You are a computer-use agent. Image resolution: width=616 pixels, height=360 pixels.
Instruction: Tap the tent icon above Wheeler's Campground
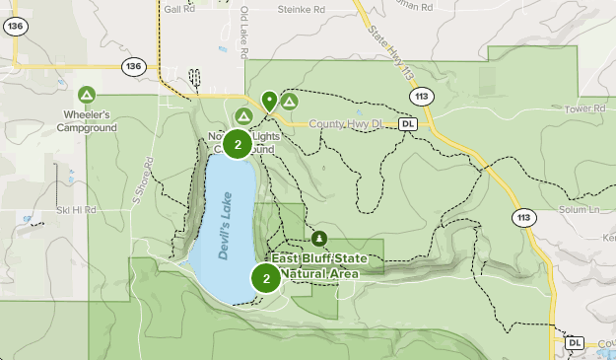coord(87,95)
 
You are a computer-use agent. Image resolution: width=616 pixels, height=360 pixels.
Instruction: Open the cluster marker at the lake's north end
coord(238,145)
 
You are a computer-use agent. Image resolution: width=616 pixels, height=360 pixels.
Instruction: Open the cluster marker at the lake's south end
coord(266,278)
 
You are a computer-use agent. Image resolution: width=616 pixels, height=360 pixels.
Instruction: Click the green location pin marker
coord(269,100)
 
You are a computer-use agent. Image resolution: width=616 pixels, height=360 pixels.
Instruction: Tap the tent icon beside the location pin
coord(290,101)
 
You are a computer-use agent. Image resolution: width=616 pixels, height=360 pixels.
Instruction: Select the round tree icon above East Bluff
coord(319,238)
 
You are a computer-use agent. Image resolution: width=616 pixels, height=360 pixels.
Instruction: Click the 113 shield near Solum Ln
coord(521,217)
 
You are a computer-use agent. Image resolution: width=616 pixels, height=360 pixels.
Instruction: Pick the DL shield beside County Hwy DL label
coord(409,125)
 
